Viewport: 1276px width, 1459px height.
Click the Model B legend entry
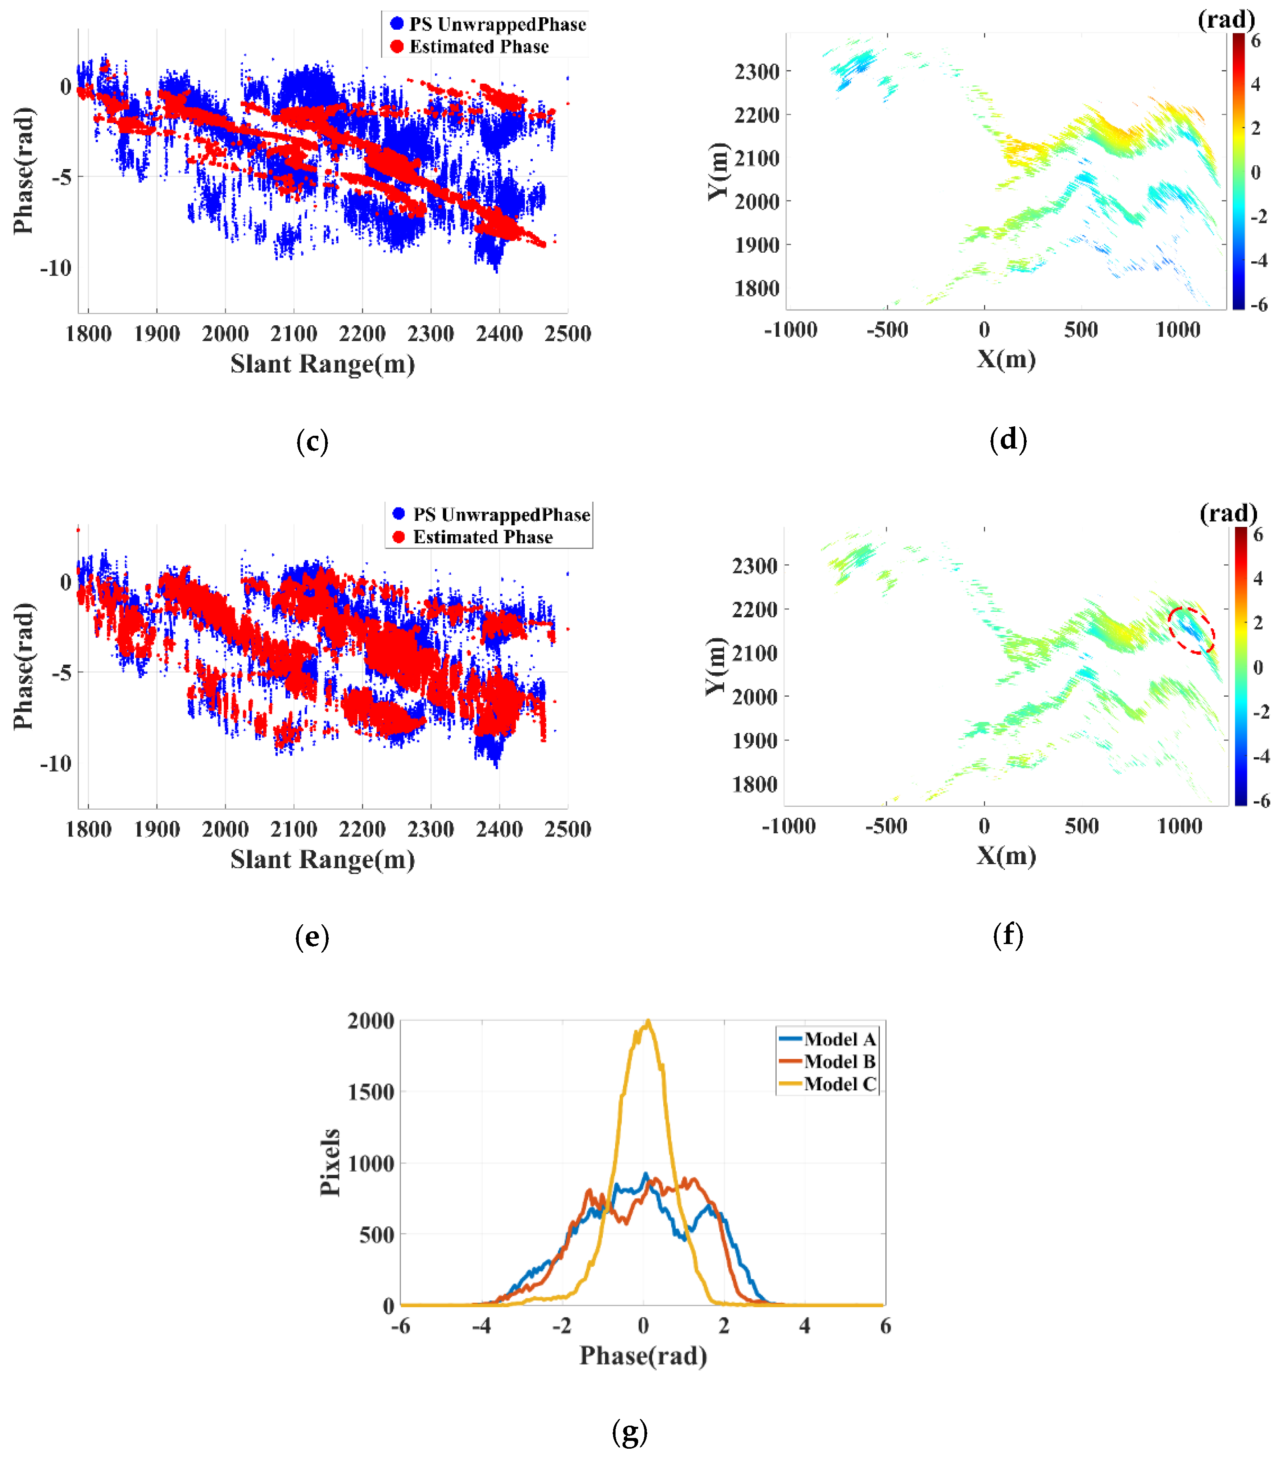pyautogui.click(x=829, y=1062)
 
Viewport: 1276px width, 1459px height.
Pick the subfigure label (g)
pyautogui.click(x=630, y=1432)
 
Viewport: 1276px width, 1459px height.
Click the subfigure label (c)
pyautogui.click(x=312, y=442)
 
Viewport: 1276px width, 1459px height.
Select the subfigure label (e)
pyautogui.click(x=312, y=937)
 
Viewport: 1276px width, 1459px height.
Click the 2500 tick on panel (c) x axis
pyautogui.click(x=567, y=334)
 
